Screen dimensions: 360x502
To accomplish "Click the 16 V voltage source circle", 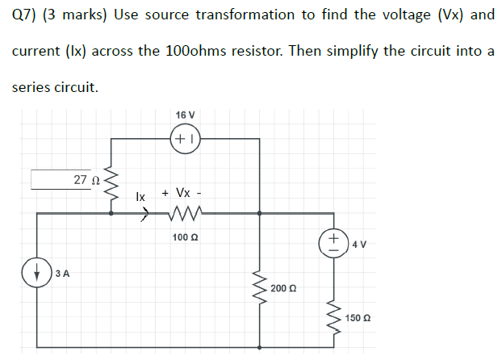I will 185,139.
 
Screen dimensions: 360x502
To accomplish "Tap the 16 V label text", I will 185,115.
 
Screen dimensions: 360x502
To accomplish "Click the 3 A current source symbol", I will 40,272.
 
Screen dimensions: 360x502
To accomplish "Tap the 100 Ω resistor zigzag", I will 185,214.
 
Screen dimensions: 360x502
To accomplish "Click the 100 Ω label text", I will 185,237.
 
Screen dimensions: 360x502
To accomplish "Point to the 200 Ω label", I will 283,288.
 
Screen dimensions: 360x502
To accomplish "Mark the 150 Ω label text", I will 358,318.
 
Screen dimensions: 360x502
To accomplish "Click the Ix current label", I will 140,196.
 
